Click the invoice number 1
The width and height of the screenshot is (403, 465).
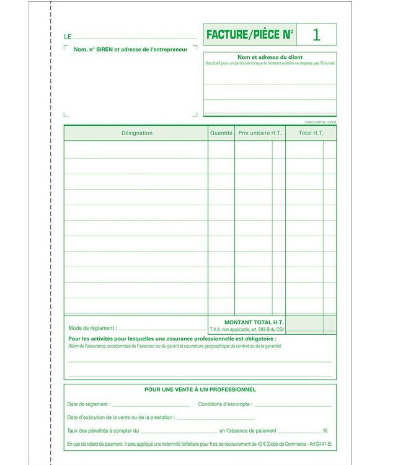pyautogui.click(x=316, y=35)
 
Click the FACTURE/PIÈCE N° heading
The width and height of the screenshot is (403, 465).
pyautogui.click(x=250, y=35)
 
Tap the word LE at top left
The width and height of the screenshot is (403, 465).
pyautogui.click(x=68, y=37)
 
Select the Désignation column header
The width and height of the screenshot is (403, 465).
pyautogui.click(x=136, y=133)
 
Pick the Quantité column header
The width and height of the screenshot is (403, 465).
pyautogui.click(x=221, y=133)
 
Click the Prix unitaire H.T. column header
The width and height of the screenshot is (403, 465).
pyautogui.click(x=259, y=133)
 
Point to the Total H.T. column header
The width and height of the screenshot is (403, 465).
pyautogui.click(x=311, y=133)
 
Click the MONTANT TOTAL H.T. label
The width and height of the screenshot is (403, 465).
pyautogui.click(x=254, y=322)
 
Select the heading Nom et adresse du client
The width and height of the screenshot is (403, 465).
pyautogui.click(x=270, y=58)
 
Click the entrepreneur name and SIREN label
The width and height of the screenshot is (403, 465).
pyautogui.click(x=130, y=50)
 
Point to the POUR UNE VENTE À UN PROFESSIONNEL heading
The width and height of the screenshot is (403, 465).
pyautogui.click(x=200, y=390)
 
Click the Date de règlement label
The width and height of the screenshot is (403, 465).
pyautogui.click(x=89, y=404)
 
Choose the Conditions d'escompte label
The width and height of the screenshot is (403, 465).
pyautogui.click(x=225, y=404)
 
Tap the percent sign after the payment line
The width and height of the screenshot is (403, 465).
pyautogui.click(x=325, y=430)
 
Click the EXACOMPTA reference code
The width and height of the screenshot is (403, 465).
pyautogui.click(x=321, y=122)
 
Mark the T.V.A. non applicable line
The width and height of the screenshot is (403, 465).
pyautogui.click(x=246, y=329)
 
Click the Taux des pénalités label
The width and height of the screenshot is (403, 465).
pyautogui.click(x=103, y=430)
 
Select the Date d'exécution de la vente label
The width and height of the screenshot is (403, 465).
pyautogui.click(x=121, y=417)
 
